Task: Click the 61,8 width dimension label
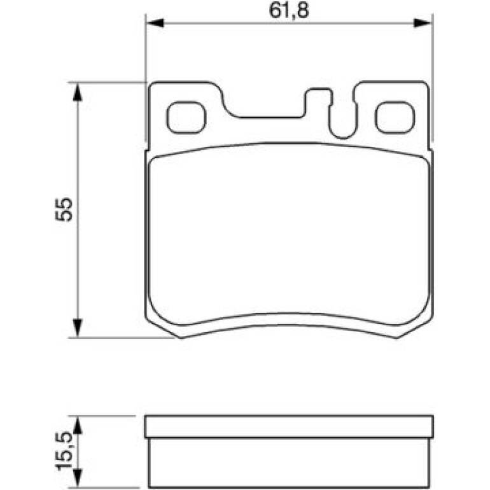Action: pos(288,11)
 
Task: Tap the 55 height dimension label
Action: pos(64,209)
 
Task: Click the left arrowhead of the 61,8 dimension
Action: pos(155,23)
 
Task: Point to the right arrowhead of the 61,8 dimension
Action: pos(422,23)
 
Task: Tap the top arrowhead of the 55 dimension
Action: pos(77,92)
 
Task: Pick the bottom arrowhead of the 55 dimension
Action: pos(77,328)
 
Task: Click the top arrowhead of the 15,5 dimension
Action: pos(77,425)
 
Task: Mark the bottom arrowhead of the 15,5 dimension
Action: pos(77,478)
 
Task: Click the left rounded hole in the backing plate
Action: pos(186,118)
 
